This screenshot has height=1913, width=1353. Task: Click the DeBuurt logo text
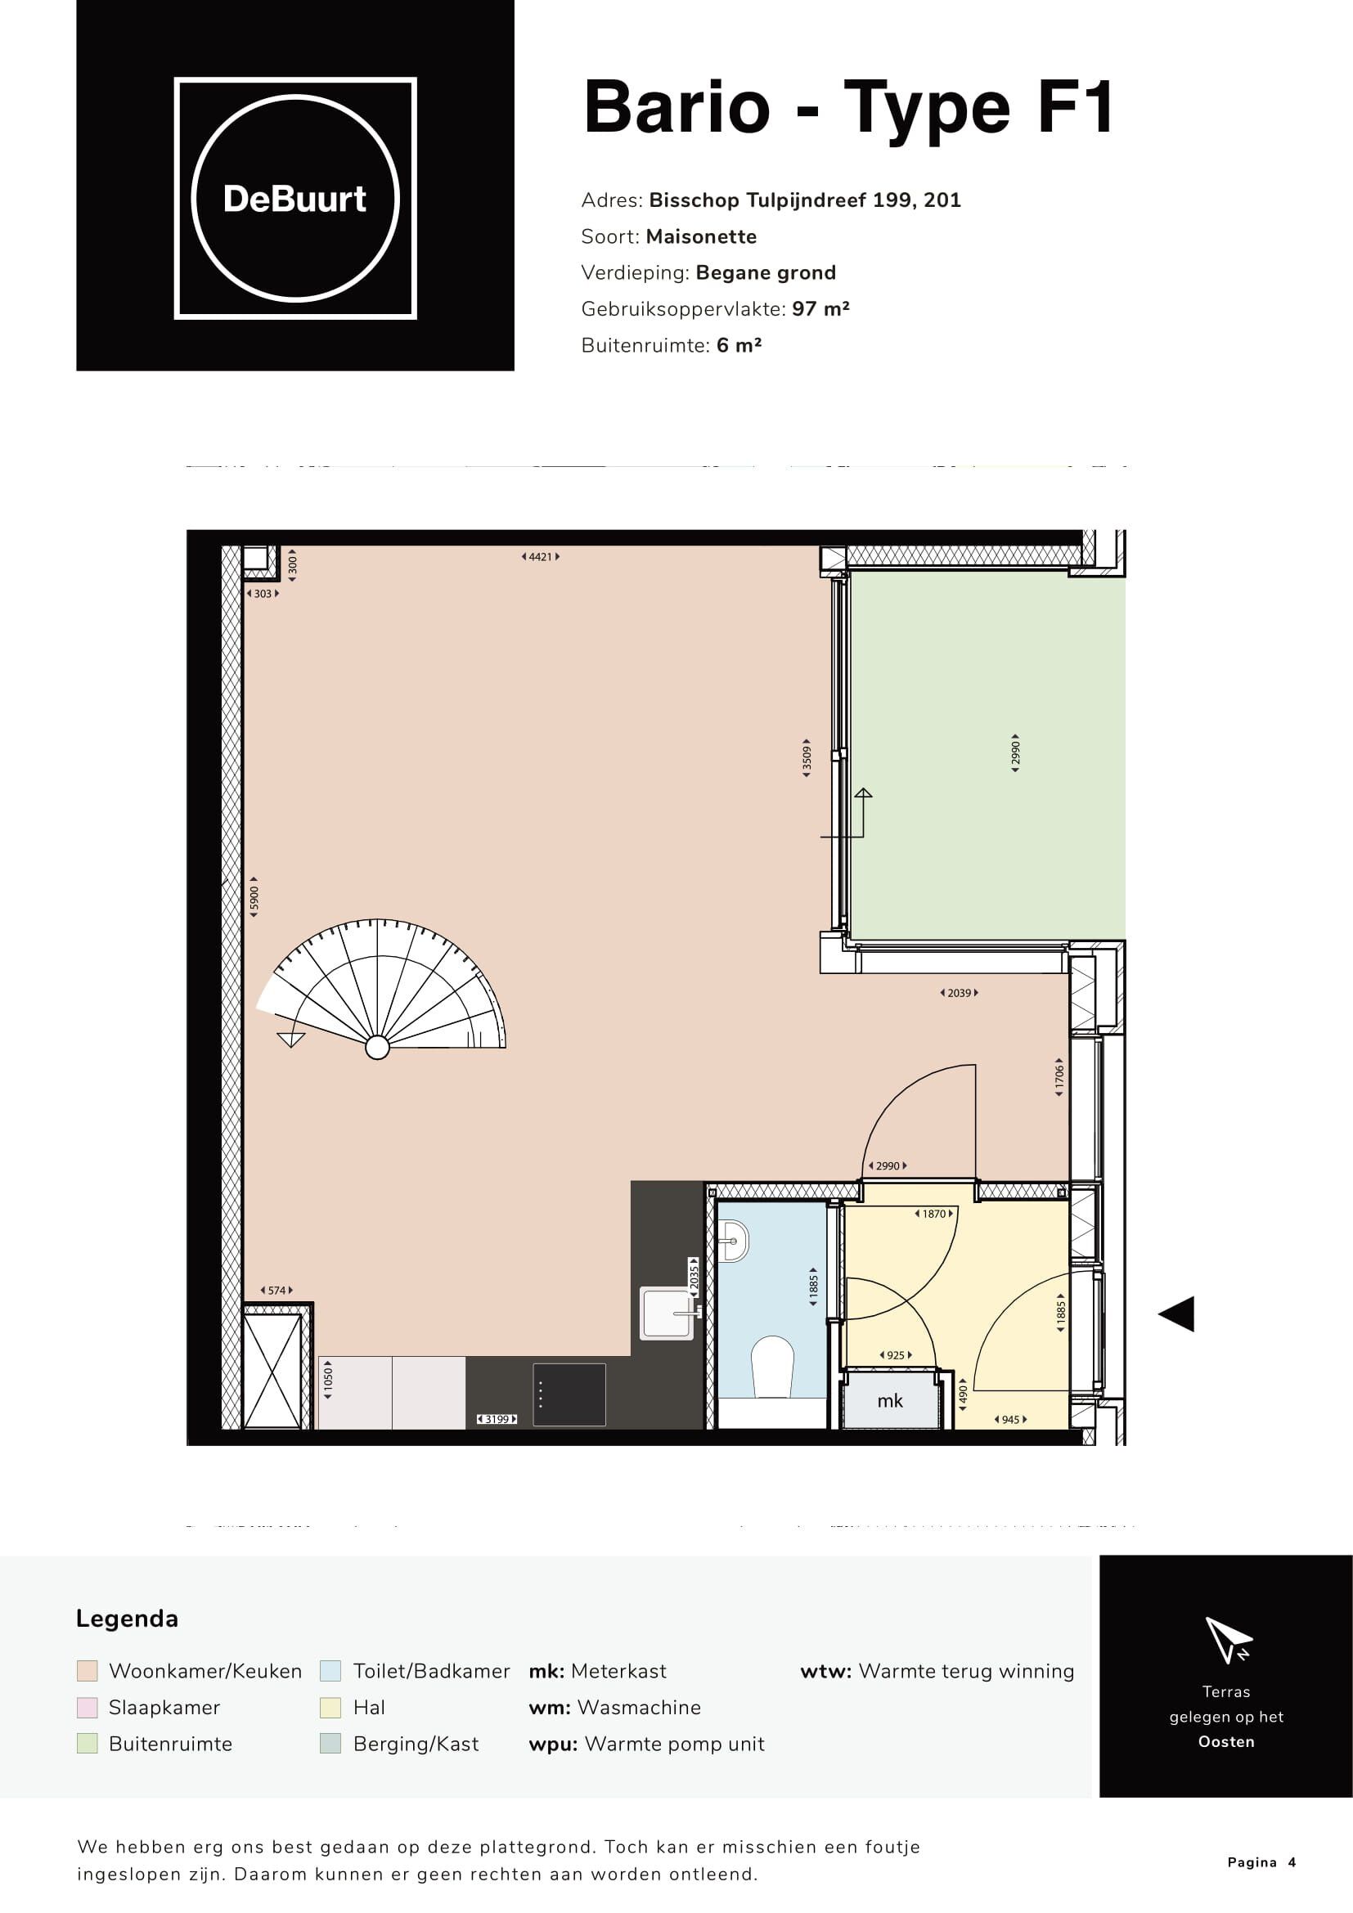(295, 199)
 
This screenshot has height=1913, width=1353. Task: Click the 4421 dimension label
(541, 557)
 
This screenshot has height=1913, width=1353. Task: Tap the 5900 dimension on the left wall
(255, 897)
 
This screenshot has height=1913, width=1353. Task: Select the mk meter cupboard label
(890, 1400)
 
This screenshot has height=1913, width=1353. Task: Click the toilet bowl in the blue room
(772, 1367)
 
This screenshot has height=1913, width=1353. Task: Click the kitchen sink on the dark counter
(667, 1314)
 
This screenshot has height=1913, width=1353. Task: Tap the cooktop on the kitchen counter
(569, 1394)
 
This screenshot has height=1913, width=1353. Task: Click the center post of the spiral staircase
(377, 1049)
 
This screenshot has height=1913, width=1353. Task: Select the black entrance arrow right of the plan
(1177, 1314)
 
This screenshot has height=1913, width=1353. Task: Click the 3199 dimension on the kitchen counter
(497, 1419)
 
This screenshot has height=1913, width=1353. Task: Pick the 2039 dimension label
(959, 993)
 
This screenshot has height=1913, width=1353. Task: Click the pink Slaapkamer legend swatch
(88, 1707)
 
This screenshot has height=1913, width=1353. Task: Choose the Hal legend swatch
(330, 1707)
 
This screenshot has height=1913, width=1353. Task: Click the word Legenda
(127, 1619)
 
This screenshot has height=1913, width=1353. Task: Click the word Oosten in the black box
(1225, 1741)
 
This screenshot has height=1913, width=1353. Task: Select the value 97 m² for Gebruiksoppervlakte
(820, 309)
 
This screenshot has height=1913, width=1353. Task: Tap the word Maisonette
(702, 236)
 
